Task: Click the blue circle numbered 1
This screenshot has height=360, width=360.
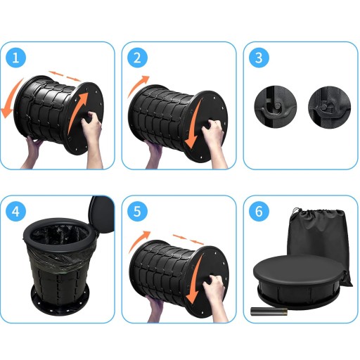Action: [15, 58]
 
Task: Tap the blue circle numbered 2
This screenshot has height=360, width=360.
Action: [137, 58]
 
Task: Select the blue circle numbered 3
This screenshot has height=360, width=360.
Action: [259, 58]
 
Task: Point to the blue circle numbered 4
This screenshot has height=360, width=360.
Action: [15, 212]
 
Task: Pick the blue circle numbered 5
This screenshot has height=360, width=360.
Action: [137, 212]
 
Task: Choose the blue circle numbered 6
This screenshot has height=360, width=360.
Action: [259, 212]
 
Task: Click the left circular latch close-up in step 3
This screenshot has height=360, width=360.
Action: [276, 107]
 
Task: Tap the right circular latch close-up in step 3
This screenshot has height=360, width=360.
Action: [329, 107]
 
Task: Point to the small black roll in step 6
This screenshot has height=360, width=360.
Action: [269, 311]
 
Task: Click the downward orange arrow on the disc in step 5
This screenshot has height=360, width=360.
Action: [195, 280]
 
